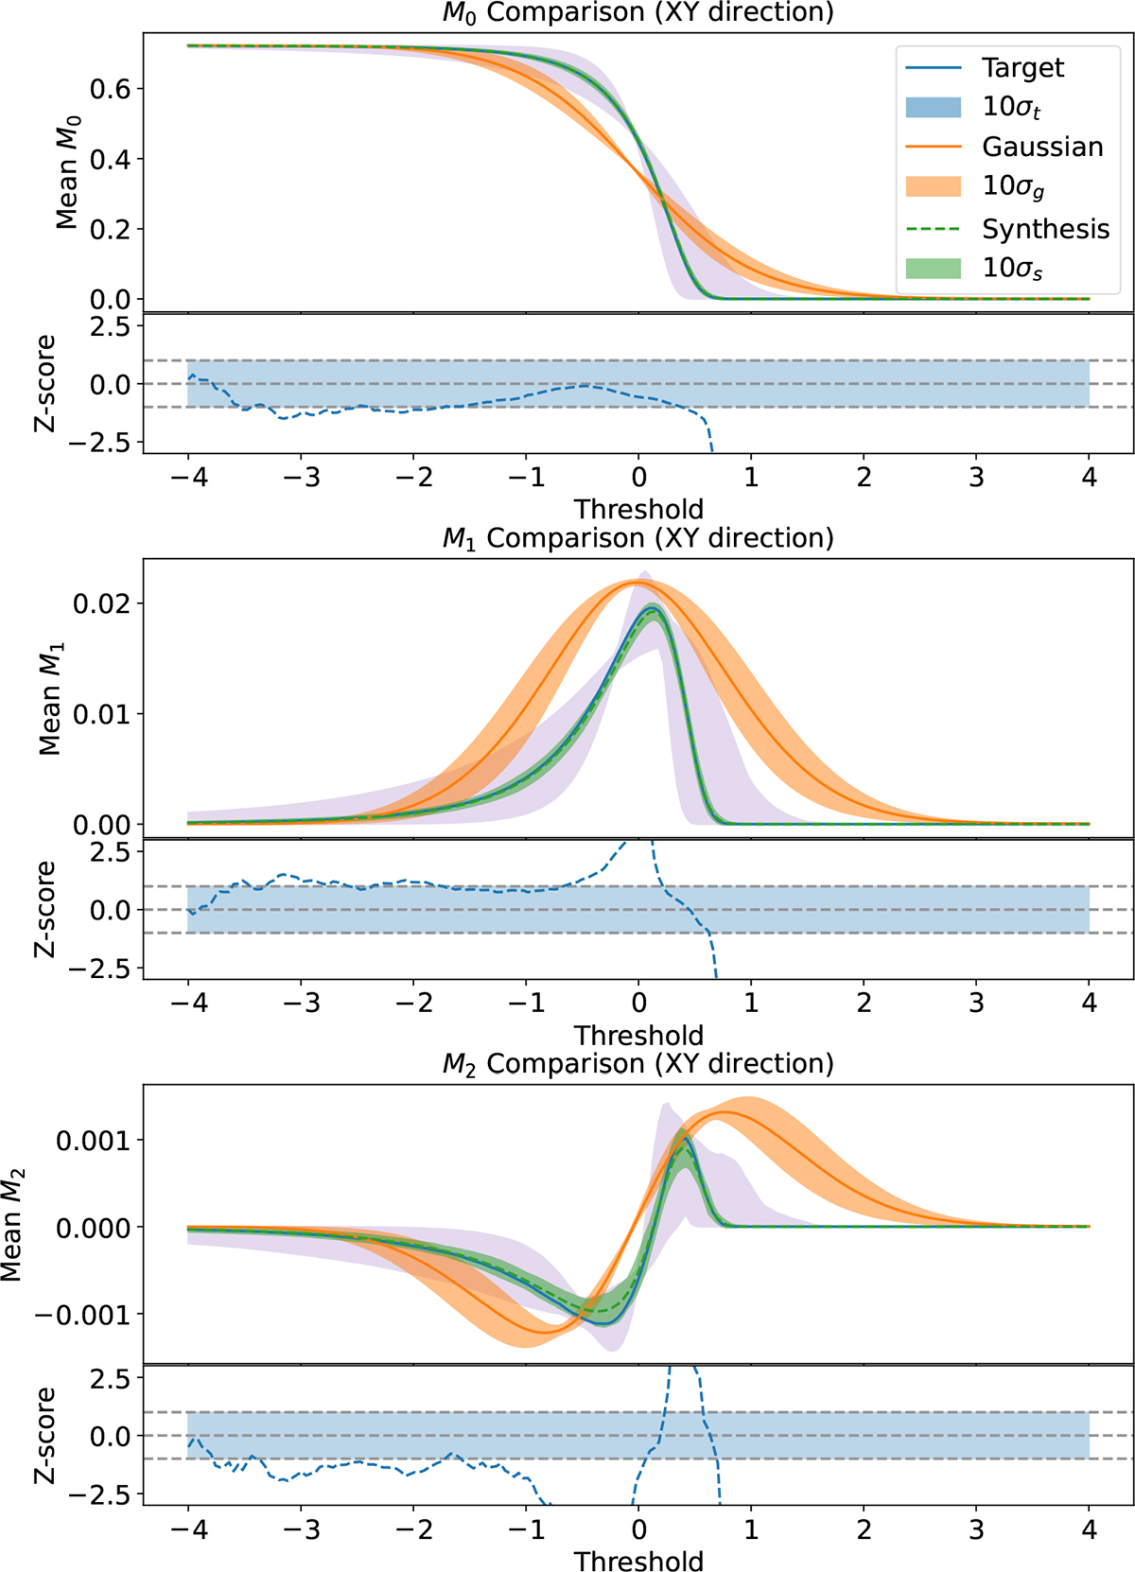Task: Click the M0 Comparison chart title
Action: [x=638, y=13]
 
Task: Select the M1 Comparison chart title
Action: [x=638, y=538]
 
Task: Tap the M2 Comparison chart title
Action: [x=638, y=1064]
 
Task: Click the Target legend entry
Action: [x=1022, y=68]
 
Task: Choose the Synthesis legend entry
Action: [x=1045, y=229]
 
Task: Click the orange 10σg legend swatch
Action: [x=933, y=186]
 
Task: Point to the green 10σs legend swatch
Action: [x=933, y=269]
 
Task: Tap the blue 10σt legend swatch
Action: [x=933, y=107]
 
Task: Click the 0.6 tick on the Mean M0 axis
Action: [x=110, y=89]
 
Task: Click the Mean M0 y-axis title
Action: [x=67, y=172]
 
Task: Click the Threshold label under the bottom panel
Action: [x=638, y=1561]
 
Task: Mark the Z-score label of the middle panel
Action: [x=45, y=909]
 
